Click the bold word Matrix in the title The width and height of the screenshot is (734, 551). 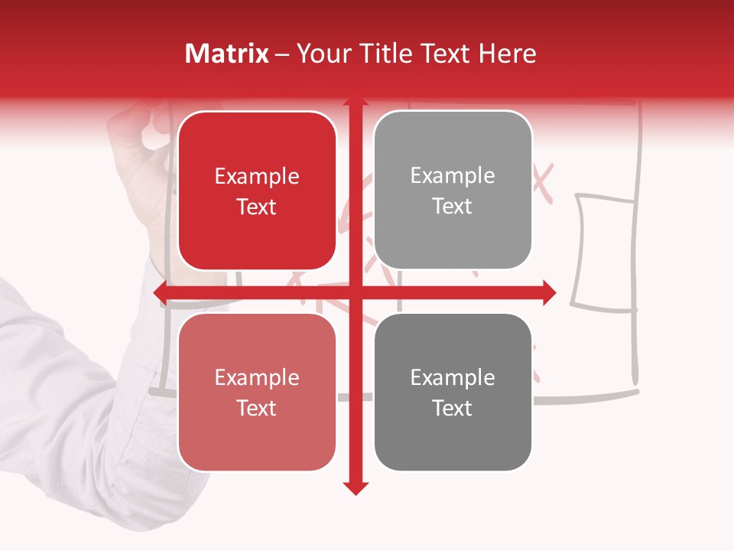(x=227, y=54)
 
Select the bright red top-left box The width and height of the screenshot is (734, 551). (x=257, y=191)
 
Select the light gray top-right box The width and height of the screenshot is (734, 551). (x=453, y=191)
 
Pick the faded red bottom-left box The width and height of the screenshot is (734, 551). (x=257, y=393)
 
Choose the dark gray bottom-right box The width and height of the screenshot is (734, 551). (x=453, y=393)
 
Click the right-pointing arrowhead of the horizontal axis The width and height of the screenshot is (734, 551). (x=548, y=292)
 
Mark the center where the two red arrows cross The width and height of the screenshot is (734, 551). (x=355, y=292)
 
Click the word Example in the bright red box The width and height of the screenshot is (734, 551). (x=257, y=177)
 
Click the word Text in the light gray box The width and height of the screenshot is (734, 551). (x=453, y=207)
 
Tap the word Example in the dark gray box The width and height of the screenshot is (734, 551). (x=453, y=377)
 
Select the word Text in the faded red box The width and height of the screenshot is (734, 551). (x=257, y=409)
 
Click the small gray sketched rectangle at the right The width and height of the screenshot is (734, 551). (x=605, y=253)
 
